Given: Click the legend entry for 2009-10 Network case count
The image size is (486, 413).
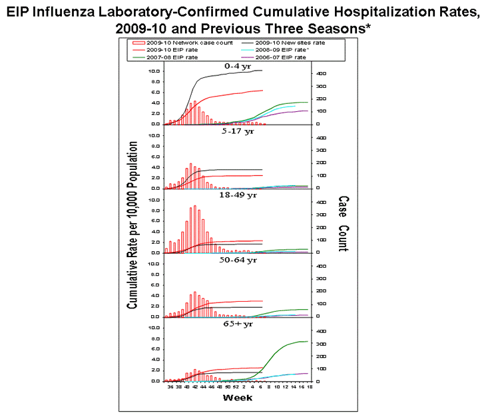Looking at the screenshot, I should pos(182,43).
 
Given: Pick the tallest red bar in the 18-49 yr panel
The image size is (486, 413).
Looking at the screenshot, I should pos(195,229).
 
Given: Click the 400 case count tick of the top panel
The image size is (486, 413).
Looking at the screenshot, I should pos(321,73).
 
